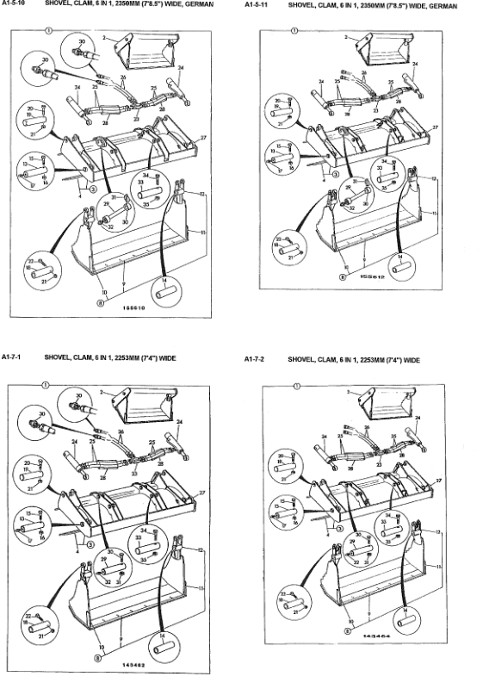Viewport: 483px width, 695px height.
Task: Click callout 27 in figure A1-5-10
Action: point(203,138)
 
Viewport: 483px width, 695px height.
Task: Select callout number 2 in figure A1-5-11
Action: point(346,37)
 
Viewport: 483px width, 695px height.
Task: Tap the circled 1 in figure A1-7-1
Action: point(51,377)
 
